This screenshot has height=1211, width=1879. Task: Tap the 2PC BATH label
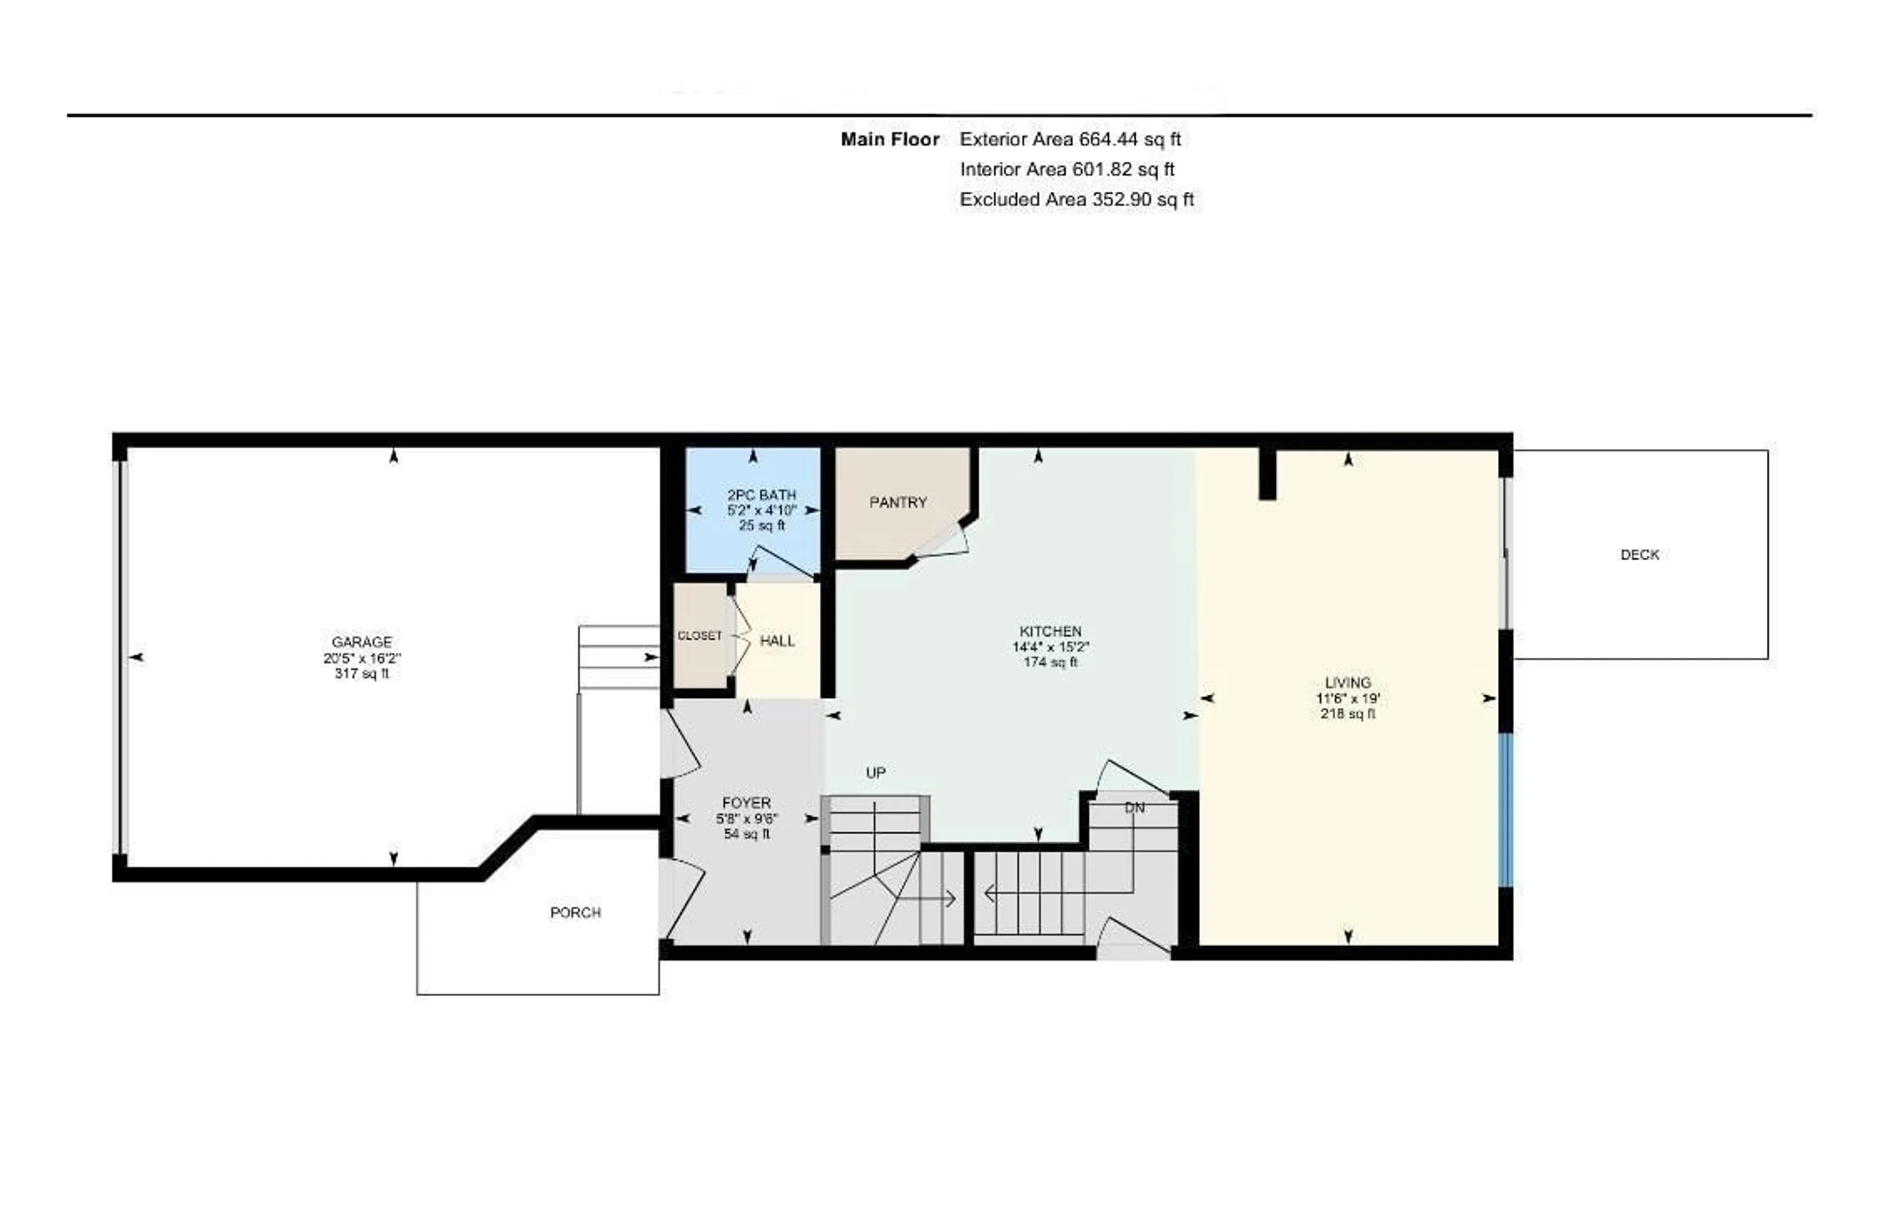tap(761, 495)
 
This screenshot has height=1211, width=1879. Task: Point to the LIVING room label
tap(1348, 683)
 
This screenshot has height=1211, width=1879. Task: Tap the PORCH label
tap(575, 912)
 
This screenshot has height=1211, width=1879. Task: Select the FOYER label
tap(746, 803)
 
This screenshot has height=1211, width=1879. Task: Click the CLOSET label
tap(699, 636)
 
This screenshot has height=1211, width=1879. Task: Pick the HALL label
tap(777, 641)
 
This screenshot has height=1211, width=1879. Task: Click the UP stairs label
tap(875, 773)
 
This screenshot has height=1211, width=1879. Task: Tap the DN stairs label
tap(1134, 808)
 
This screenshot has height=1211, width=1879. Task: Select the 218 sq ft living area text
tap(1348, 714)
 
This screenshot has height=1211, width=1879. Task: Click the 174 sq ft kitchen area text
tap(1051, 662)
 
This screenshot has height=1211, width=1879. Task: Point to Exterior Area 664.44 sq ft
tap(1070, 139)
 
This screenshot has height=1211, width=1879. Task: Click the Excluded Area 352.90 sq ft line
tap(1077, 200)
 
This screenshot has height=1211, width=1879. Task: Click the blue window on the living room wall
tap(1506, 810)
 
